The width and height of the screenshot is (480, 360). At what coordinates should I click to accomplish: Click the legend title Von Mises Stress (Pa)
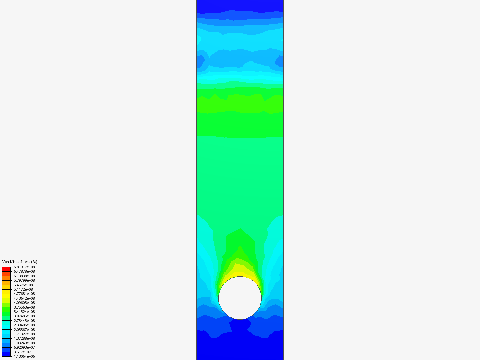point(20,262)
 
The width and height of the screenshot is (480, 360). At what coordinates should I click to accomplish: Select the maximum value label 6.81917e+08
point(24,267)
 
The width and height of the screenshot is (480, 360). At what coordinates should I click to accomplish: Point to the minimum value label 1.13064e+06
point(24,357)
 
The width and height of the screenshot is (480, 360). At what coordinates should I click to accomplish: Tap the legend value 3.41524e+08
point(24,312)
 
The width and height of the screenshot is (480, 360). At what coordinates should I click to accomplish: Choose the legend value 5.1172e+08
point(23,289)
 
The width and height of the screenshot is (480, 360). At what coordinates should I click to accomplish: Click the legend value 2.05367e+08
point(24,330)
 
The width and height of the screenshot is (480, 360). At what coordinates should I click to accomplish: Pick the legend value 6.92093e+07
point(24,348)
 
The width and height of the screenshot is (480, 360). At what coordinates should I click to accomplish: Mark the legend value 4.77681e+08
point(24,294)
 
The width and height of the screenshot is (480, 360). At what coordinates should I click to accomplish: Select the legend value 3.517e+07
point(22,352)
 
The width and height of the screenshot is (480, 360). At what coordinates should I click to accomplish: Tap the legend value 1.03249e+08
point(24,343)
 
